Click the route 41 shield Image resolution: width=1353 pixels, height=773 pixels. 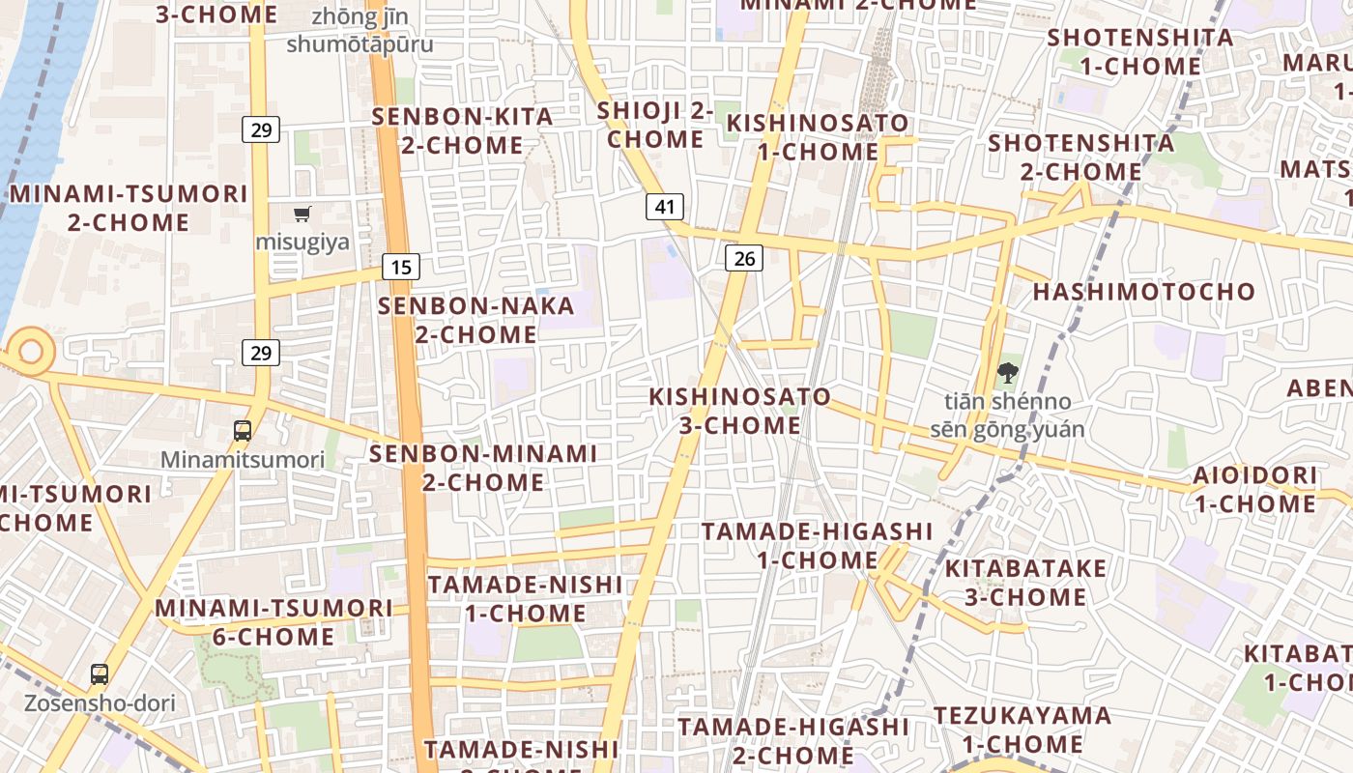coord(665,206)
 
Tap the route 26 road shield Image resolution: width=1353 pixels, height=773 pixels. coord(743,257)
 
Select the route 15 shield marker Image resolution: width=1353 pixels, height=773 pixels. coord(401,267)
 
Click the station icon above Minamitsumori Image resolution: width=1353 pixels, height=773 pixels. coord(243,431)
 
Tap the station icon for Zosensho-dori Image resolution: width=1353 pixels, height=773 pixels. coord(100,673)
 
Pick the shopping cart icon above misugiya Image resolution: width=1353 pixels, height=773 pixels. coord(302,214)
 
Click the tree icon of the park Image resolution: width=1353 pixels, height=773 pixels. coord(1008,372)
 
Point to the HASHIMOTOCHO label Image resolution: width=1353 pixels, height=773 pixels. coord(1144,292)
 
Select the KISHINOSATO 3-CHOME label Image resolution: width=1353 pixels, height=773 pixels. coord(739,411)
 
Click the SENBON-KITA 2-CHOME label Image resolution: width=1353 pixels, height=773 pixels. coord(463,131)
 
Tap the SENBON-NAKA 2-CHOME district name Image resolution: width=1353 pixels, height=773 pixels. coord(476,320)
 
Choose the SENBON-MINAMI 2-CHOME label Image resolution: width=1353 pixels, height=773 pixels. coord(483,467)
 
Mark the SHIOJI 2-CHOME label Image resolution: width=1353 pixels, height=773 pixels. coord(655,125)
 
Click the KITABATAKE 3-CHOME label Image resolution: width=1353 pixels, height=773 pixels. coord(1025,582)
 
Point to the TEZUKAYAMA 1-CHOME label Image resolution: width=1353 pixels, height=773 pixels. coord(1022,730)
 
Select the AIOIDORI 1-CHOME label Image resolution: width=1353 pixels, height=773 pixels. coord(1254,489)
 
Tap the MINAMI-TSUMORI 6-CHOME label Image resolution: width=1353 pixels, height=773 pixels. coord(273,622)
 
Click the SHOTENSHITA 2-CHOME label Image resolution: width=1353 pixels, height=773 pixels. coord(1080,157)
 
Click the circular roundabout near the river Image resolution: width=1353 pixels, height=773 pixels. coord(31,350)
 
